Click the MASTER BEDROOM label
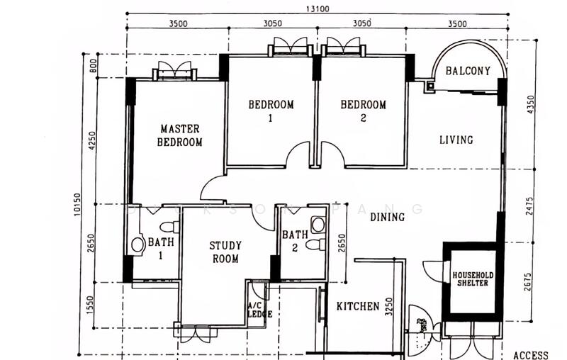(x=180, y=135)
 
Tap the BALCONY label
(x=468, y=71)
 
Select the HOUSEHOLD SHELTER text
(x=473, y=279)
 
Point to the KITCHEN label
(x=358, y=307)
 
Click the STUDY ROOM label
(x=225, y=252)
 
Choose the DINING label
(x=387, y=217)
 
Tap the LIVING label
(x=456, y=140)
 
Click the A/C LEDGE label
(x=259, y=310)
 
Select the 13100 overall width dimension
(x=318, y=9)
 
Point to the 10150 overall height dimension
(x=78, y=205)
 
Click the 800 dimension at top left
(x=93, y=65)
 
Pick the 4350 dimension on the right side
(x=530, y=104)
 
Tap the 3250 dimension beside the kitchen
(x=388, y=307)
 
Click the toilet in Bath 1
(x=169, y=227)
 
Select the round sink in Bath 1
(x=137, y=244)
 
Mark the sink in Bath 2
(x=318, y=225)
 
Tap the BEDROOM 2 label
(x=363, y=111)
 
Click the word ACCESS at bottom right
(x=530, y=355)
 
